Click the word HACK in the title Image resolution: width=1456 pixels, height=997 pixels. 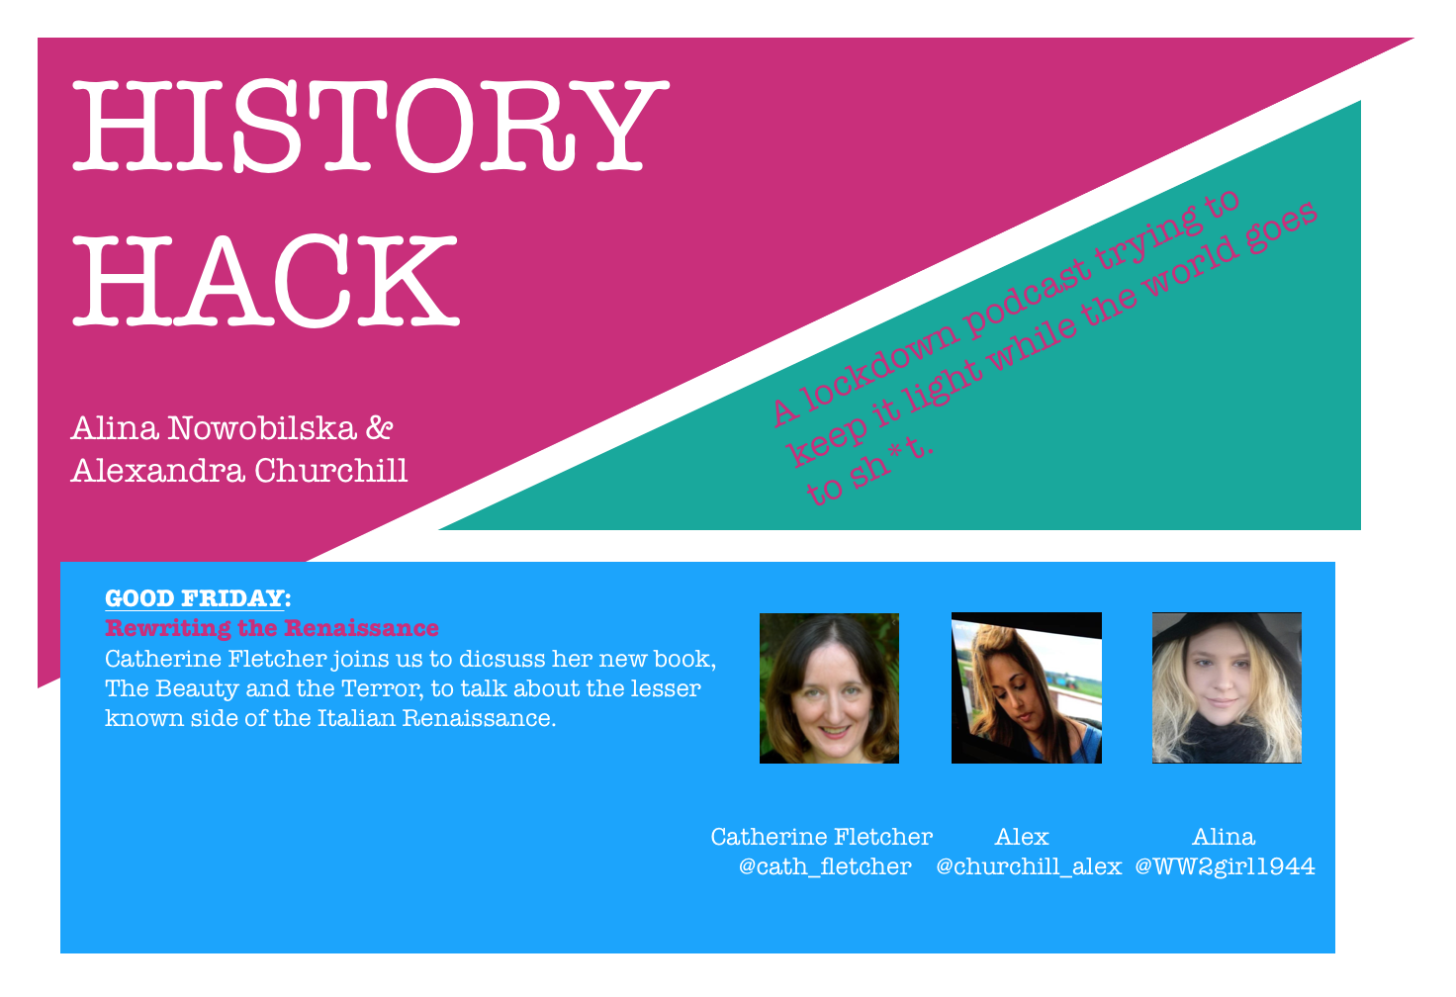(265, 280)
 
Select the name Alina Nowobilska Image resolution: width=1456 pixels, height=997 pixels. (213, 428)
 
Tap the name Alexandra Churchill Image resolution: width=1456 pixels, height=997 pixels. (239, 471)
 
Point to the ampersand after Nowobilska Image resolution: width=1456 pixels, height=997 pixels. (380, 428)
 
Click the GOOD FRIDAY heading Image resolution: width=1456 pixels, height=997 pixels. (196, 598)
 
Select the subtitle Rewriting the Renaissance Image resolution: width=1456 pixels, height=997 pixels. (272, 628)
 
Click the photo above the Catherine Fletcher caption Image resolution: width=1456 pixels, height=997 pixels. (829, 688)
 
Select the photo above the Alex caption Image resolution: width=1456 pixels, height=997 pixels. (1026, 688)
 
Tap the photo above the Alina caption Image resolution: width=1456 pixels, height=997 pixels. (1227, 688)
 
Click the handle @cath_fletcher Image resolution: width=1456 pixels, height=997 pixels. (825, 867)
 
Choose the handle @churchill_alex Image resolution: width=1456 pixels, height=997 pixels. (1029, 867)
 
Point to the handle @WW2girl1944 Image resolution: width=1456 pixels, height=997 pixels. (1225, 867)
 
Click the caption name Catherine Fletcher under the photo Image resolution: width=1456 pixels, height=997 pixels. (821, 837)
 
